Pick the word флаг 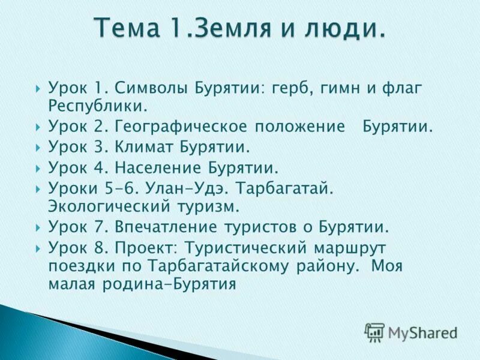point(401,89)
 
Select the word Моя point(386,265)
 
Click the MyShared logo point(412,332)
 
